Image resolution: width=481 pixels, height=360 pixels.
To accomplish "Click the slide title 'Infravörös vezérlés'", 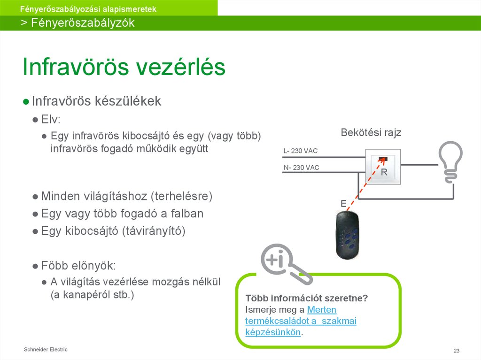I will click(x=124, y=68).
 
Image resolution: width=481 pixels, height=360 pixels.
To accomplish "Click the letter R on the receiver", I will click(x=384, y=172).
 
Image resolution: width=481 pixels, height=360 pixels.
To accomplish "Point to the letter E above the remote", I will click(x=343, y=203).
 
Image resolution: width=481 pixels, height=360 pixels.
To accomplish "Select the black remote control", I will click(x=348, y=235).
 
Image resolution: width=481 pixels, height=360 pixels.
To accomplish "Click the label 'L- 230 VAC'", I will click(x=301, y=151).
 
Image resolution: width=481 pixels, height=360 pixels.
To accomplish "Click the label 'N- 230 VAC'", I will click(x=301, y=167).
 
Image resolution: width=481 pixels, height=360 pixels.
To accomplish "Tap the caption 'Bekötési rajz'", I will click(x=371, y=133).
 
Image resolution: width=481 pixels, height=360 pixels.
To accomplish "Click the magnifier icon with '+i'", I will click(x=279, y=263).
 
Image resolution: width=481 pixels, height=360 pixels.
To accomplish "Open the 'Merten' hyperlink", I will click(x=321, y=310).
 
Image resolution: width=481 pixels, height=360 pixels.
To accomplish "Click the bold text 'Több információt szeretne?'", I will click(x=306, y=299).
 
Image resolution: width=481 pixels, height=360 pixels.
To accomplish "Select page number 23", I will click(x=456, y=351).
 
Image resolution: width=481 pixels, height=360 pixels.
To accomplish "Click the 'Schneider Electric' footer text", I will click(x=46, y=349).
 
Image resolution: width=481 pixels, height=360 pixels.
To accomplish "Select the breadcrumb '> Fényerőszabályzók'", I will click(x=78, y=23).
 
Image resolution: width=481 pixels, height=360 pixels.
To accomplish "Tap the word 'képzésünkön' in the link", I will click(x=272, y=332).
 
